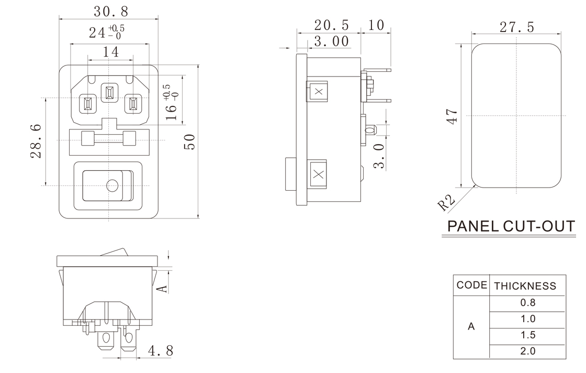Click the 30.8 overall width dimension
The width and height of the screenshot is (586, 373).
click(110, 11)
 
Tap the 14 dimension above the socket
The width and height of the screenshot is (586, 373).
click(110, 51)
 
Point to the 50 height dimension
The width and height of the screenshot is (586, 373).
click(190, 141)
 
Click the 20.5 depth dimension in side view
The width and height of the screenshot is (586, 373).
click(331, 25)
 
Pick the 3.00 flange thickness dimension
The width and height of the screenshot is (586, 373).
click(331, 41)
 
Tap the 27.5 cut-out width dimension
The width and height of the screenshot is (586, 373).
click(516, 27)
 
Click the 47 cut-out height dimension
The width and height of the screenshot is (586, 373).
click(453, 116)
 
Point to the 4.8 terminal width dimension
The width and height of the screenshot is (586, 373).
click(161, 350)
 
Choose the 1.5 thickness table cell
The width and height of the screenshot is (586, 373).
click(527, 335)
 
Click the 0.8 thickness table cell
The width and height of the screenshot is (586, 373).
click(527, 303)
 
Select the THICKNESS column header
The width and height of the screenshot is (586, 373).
click(525, 286)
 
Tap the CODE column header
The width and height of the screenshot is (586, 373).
click(472, 286)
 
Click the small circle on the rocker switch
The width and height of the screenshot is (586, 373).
click(111, 185)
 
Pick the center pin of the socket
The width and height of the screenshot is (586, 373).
click(109, 94)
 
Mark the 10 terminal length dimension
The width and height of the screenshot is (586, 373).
click(375, 25)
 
